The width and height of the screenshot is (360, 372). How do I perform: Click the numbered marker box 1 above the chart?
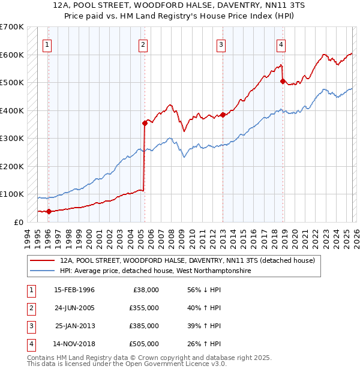point(47,44)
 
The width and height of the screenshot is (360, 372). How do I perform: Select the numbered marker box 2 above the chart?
point(143,44)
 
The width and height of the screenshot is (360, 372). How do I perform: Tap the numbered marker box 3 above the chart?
point(221,44)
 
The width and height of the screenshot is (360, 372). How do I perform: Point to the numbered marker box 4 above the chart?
point(281,44)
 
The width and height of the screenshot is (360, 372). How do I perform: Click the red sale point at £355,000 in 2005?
point(145,123)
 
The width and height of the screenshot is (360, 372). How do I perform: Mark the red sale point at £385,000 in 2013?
point(223,115)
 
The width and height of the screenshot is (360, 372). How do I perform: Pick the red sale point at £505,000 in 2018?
point(283,82)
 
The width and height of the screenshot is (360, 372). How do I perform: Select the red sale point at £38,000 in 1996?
point(49,211)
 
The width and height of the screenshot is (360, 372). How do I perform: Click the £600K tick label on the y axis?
point(12,55)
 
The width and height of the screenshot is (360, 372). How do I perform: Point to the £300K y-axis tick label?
point(12,138)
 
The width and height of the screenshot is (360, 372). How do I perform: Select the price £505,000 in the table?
point(143,344)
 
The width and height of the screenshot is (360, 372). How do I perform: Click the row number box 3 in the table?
point(30,326)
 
